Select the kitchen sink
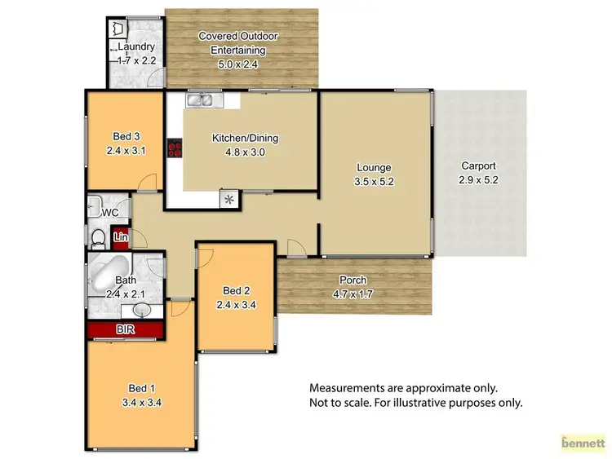click(200, 100)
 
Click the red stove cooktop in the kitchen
click(175, 148)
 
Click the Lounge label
click(374, 169)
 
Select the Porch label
click(353, 281)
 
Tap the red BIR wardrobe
click(125, 329)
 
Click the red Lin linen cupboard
click(122, 238)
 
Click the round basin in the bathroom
click(139, 310)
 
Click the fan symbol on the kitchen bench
click(228, 198)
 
